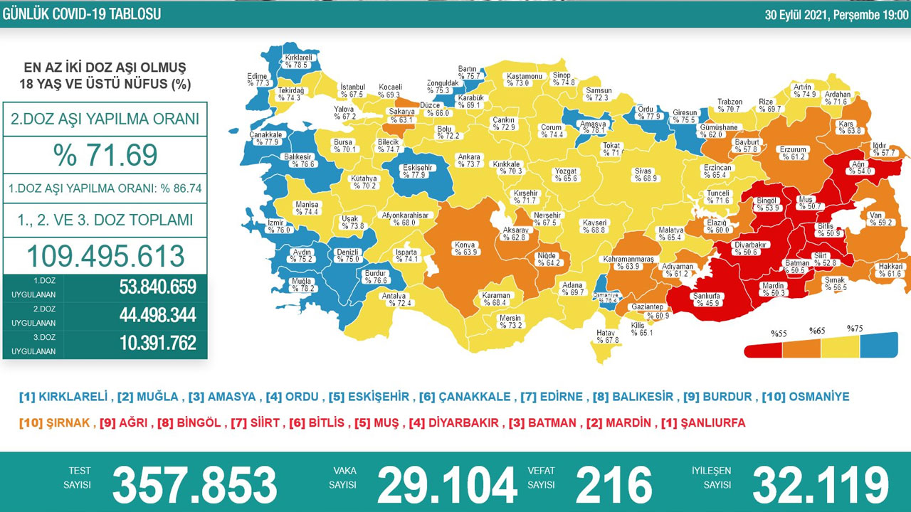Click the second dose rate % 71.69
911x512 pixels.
pyautogui.click(x=105, y=155)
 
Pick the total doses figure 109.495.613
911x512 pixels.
pyautogui.click(x=105, y=256)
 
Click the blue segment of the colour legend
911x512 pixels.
pyautogui.click(x=878, y=346)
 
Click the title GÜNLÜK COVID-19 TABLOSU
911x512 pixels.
pyautogui.click(x=82, y=14)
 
